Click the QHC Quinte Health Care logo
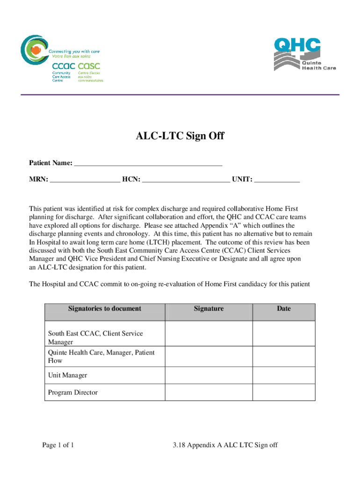coord(304,54)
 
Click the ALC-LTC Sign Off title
coord(180,136)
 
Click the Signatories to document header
coord(105,309)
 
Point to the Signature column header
coord(209,309)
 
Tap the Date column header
coord(284,309)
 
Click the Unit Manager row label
coord(67,375)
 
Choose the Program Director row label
coord(73,392)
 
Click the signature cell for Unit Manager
coord(209,375)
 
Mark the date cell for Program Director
coord(284,392)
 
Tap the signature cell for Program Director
coord(209,392)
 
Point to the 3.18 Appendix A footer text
coord(224,445)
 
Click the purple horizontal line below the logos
coord(180,95)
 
